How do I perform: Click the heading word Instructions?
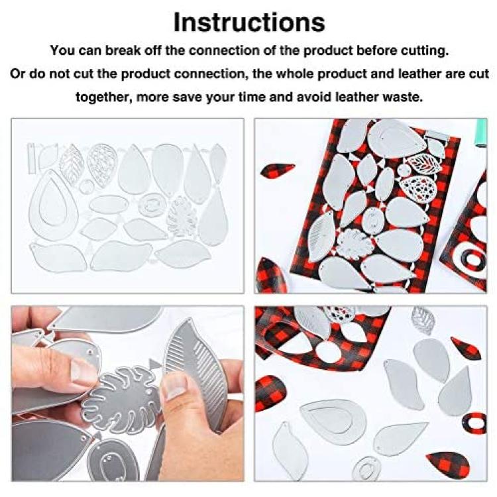pos(249,22)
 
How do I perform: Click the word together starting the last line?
pos(103,97)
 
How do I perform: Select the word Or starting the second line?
pos(18,74)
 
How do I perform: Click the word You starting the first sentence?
pos(62,51)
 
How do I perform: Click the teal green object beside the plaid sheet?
pos(480,133)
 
